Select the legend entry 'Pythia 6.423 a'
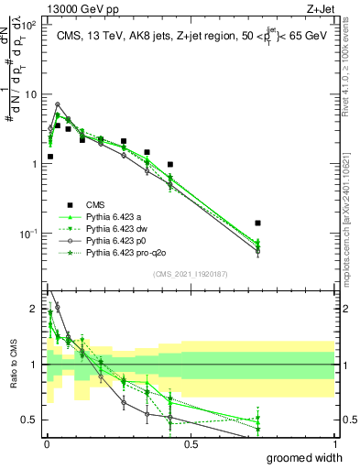click(115, 216)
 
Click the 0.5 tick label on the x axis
click(191, 444)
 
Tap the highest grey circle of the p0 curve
click(58, 104)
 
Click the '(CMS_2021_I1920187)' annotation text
click(191, 274)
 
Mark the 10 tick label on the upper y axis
click(30, 94)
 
